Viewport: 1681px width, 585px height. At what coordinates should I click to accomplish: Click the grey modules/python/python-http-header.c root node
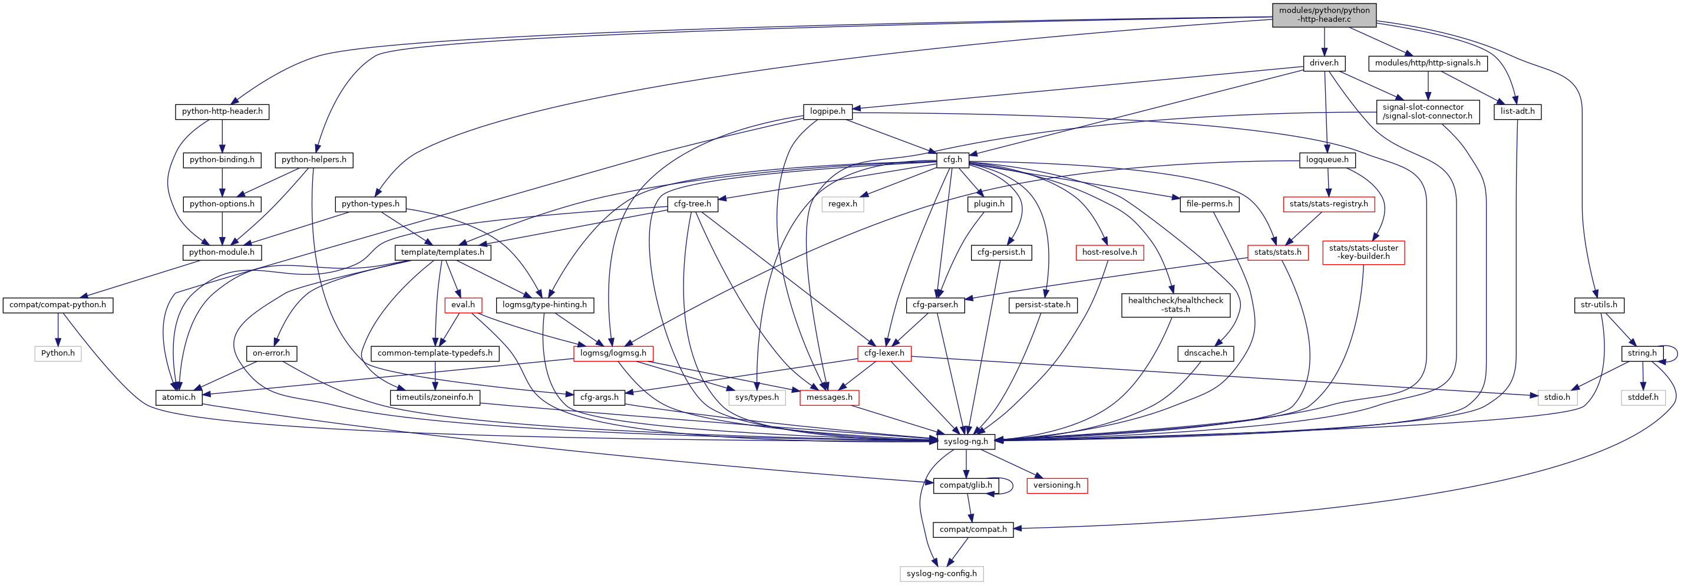(x=1323, y=15)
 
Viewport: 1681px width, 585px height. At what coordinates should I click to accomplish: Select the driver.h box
(x=1323, y=63)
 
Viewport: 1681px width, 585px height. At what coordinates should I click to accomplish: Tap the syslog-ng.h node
(x=965, y=441)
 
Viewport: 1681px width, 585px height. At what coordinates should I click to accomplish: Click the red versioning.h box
(x=1056, y=485)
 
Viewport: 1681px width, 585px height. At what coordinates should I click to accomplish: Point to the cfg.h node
(x=952, y=160)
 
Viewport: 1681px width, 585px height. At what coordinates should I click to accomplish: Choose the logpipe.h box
(x=827, y=111)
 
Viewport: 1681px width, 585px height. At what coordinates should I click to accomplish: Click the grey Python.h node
(x=57, y=353)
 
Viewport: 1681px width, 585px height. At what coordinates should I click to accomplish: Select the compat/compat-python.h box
(x=57, y=305)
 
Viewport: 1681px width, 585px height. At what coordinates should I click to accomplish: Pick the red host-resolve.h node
(x=1109, y=252)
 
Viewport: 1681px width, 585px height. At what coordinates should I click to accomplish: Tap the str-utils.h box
(x=1598, y=305)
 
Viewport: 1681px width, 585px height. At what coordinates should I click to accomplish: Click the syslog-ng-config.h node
(x=941, y=574)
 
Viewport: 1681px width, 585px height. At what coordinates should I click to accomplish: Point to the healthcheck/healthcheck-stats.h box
(x=1175, y=305)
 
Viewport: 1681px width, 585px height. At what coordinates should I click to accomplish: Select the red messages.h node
(x=829, y=397)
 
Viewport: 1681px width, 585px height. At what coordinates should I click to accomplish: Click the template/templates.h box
(x=442, y=252)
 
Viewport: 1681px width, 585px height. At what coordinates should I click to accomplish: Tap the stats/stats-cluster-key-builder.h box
(x=1363, y=252)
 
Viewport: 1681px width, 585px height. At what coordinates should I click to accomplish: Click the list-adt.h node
(x=1517, y=111)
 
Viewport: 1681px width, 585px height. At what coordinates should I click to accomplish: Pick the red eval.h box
(x=463, y=305)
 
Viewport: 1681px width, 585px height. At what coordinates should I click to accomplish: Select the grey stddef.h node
(x=1643, y=397)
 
